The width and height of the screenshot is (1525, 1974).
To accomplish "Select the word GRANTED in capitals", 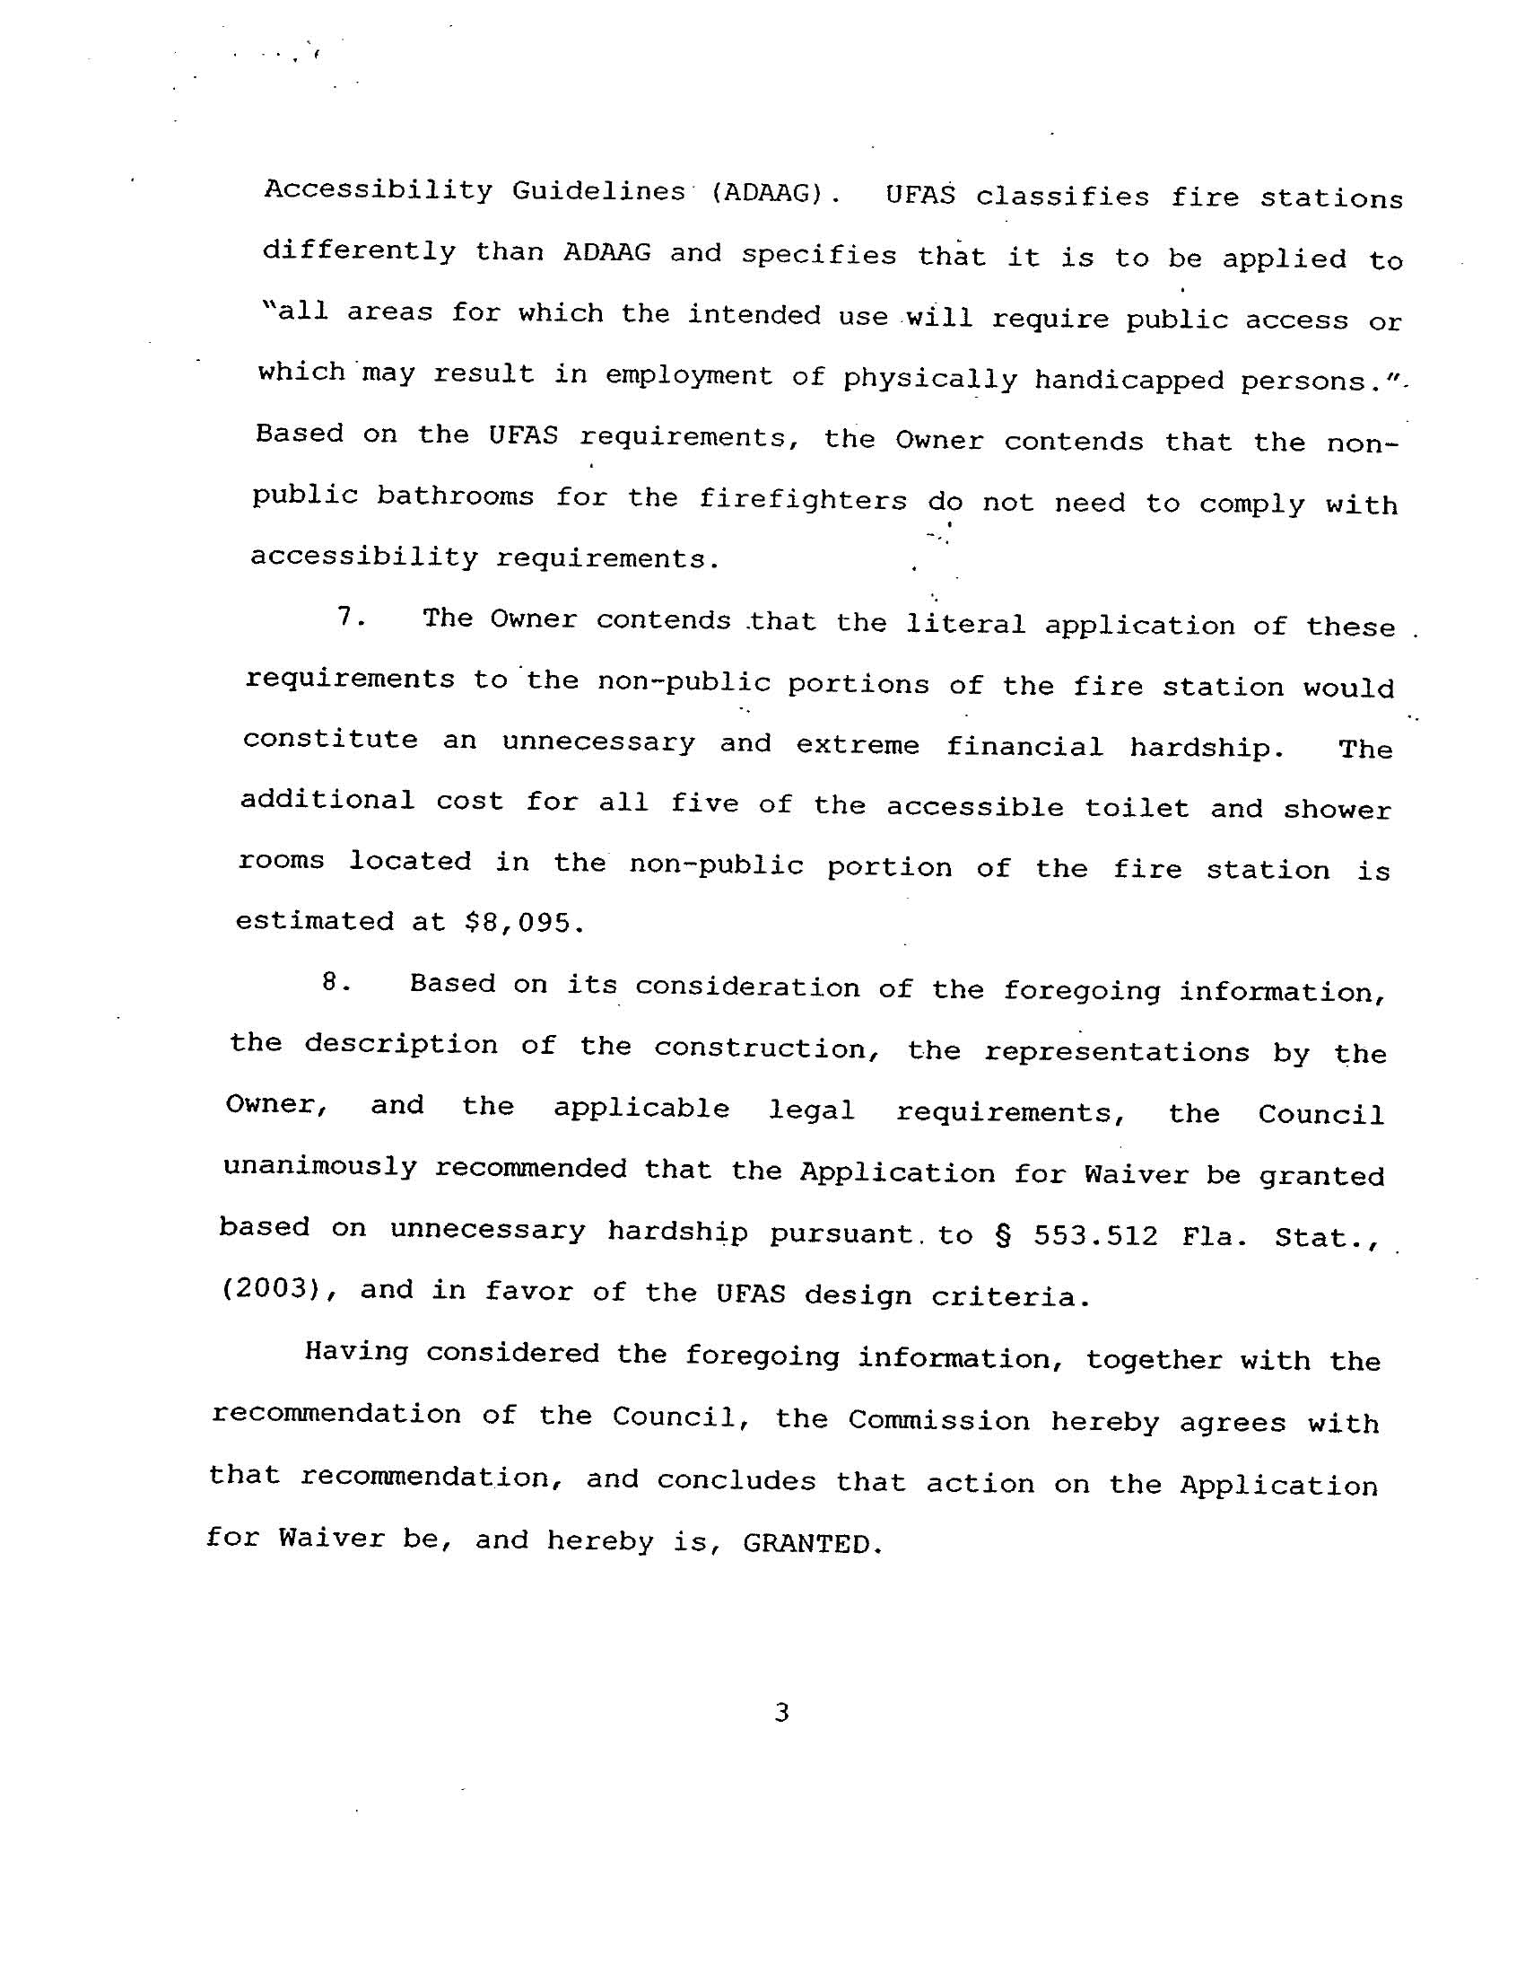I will click(810, 1542).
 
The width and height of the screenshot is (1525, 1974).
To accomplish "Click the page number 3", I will click(782, 1712).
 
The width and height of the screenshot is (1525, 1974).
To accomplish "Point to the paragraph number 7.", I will click(350, 618).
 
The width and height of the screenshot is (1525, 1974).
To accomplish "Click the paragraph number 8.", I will click(335, 982).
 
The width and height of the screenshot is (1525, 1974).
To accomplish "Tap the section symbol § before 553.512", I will click(1003, 1234).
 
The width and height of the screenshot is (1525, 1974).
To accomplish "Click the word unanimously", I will click(320, 1167).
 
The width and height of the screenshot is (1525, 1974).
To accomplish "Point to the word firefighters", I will click(802, 500).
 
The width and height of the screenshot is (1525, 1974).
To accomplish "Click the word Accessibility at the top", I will click(378, 190).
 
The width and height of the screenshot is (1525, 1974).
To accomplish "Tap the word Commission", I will click(937, 1420).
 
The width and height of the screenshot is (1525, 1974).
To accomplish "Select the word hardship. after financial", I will click(1206, 748).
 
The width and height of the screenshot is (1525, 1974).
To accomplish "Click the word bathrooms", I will click(456, 496).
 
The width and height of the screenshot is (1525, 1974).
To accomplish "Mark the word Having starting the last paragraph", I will click(356, 1352).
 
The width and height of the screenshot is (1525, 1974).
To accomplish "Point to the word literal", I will click(965, 624).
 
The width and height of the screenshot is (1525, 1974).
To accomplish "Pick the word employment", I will click(688, 375).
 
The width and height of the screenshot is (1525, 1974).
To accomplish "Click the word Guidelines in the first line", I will click(598, 191).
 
